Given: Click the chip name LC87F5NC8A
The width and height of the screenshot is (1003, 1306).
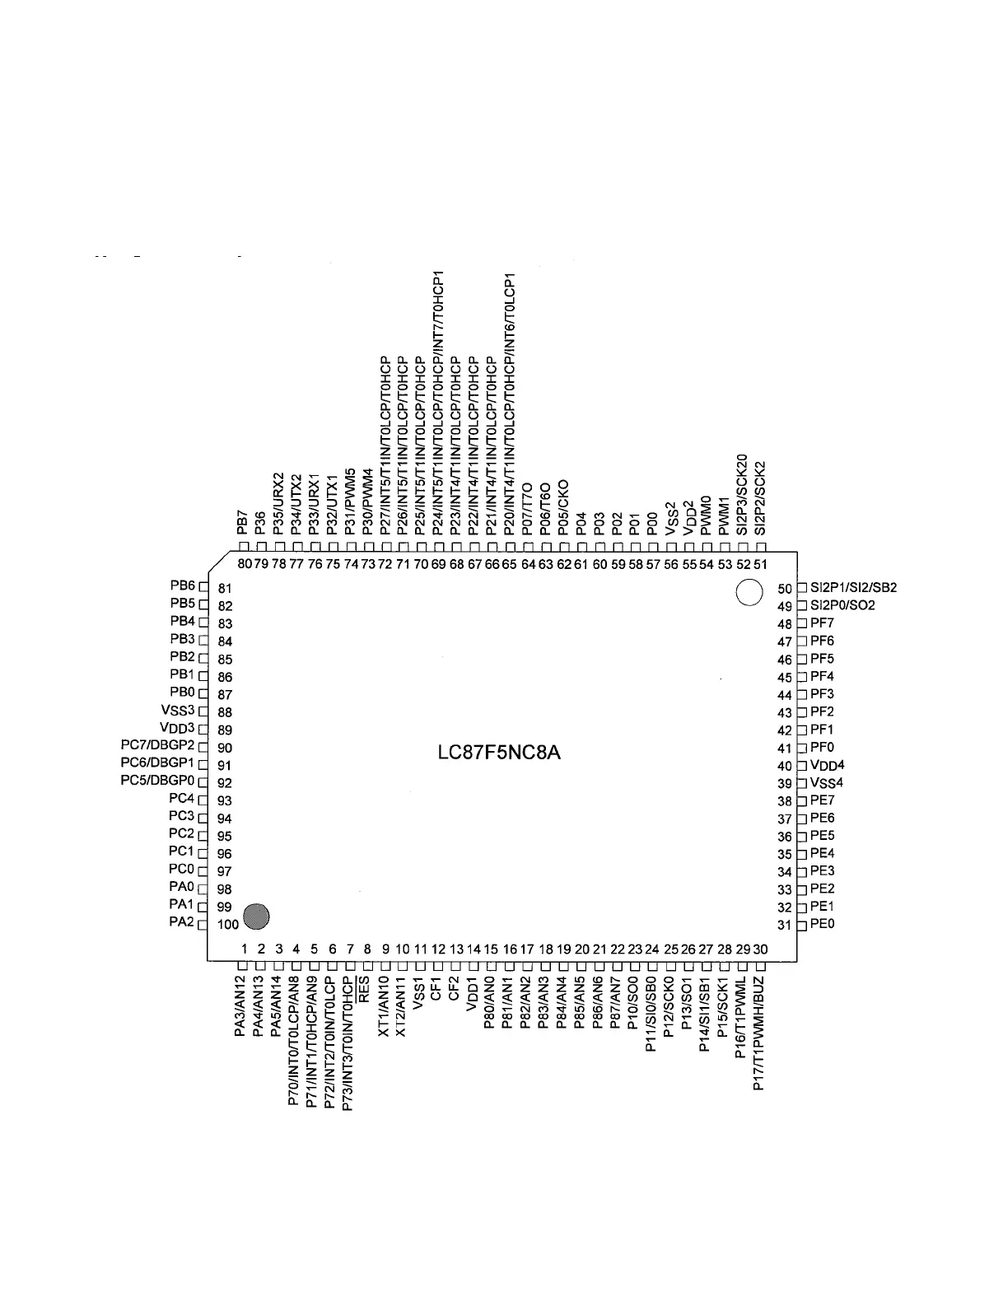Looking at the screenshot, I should pos(500,753).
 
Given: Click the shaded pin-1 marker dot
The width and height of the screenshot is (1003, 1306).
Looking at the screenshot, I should pos(258,915).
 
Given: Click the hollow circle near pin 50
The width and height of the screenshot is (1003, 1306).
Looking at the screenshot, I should pos(748,593).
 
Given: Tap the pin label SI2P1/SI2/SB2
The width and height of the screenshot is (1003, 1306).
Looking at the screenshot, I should pos(853,588).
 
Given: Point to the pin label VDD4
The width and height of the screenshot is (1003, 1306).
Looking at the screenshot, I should pos(827,766).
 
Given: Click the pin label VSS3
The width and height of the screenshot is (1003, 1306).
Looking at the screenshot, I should pos(178,711).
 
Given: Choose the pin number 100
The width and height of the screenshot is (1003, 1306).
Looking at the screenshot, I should pos(228,925).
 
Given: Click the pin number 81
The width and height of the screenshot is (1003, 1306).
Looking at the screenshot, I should pos(226,589).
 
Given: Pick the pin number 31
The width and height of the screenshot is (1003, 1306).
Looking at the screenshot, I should pos(785,925).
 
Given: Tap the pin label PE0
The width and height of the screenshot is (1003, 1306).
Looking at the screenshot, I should pos(822,924).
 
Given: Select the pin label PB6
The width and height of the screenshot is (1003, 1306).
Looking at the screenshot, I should pos(182,586).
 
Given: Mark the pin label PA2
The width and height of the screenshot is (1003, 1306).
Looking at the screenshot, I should pos(181,922).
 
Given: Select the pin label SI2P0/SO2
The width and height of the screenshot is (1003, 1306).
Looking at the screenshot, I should pos(842,605).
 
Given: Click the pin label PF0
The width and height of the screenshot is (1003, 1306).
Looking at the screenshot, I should pos(822,748).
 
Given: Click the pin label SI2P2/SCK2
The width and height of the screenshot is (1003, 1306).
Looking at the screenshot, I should pos(760,497).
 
